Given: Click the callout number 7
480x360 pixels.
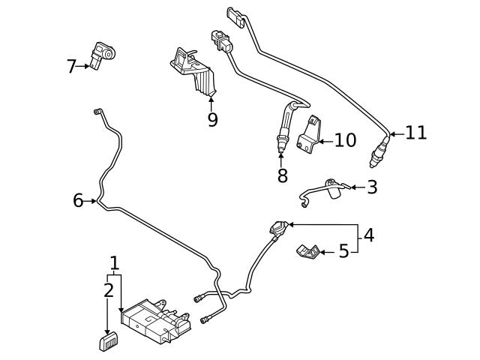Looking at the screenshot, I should click(x=71, y=67).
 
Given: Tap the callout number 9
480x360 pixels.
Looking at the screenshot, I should click(x=212, y=119).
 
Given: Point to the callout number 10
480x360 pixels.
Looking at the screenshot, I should click(x=345, y=140).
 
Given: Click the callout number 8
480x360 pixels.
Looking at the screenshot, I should click(x=282, y=175).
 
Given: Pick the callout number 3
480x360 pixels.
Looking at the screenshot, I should click(x=372, y=187).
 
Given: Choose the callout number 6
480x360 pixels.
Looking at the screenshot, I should click(x=78, y=200).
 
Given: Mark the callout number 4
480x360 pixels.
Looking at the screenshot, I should click(x=368, y=235).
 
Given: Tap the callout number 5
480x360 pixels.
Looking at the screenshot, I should click(x=343, y=251).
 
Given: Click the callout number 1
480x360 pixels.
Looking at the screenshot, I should click(x=114, y=263).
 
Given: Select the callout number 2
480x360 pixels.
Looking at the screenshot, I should click(x=108, y=290).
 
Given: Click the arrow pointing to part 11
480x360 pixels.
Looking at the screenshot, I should click(x=396, y=133).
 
